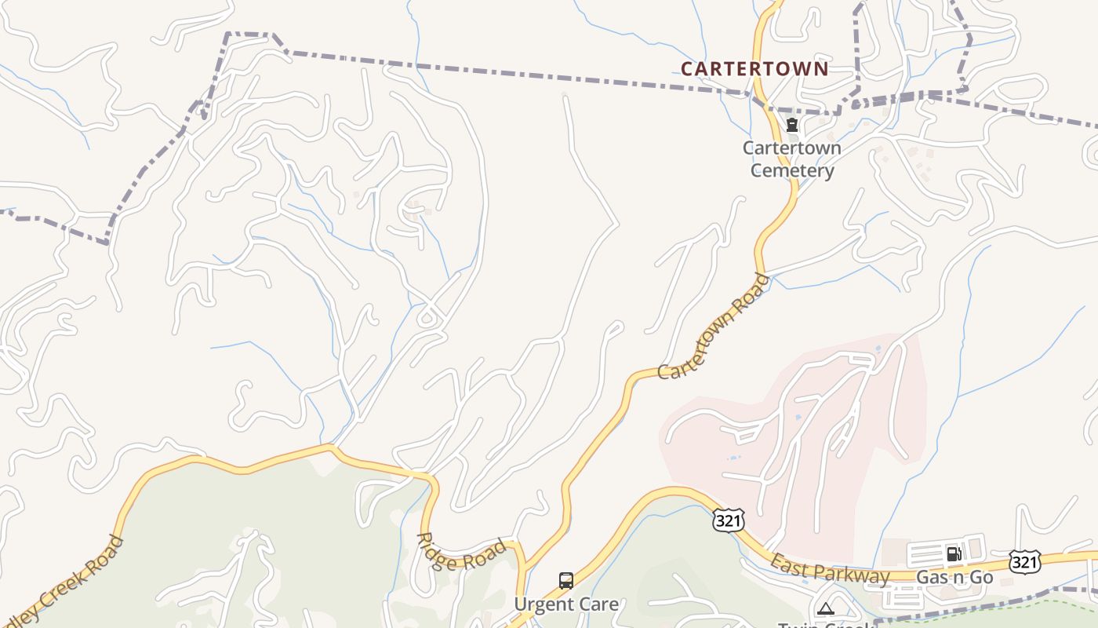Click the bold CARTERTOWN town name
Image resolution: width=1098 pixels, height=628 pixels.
click(x=754, y=69)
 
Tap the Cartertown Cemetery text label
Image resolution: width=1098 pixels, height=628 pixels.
click(x=791, y=159)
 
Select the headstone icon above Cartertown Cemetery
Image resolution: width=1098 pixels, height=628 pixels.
click(x=792, y=125)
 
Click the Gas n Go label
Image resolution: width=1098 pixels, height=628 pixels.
click(x=954, y=578)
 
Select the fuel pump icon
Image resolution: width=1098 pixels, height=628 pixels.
click(x=954, y=553)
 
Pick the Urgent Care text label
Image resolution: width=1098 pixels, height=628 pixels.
click(x=565, y=604)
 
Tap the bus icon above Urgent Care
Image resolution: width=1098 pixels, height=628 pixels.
click(x=566, y=581)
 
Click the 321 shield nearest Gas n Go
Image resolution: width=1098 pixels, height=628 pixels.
click(x=1024, y=561)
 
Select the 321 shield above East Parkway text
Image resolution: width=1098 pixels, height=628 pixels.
click(x=727, y=519)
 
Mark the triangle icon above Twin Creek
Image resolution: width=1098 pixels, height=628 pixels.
click(x=825, y=608)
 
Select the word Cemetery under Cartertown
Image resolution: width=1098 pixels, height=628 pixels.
click(x=791, y=171)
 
